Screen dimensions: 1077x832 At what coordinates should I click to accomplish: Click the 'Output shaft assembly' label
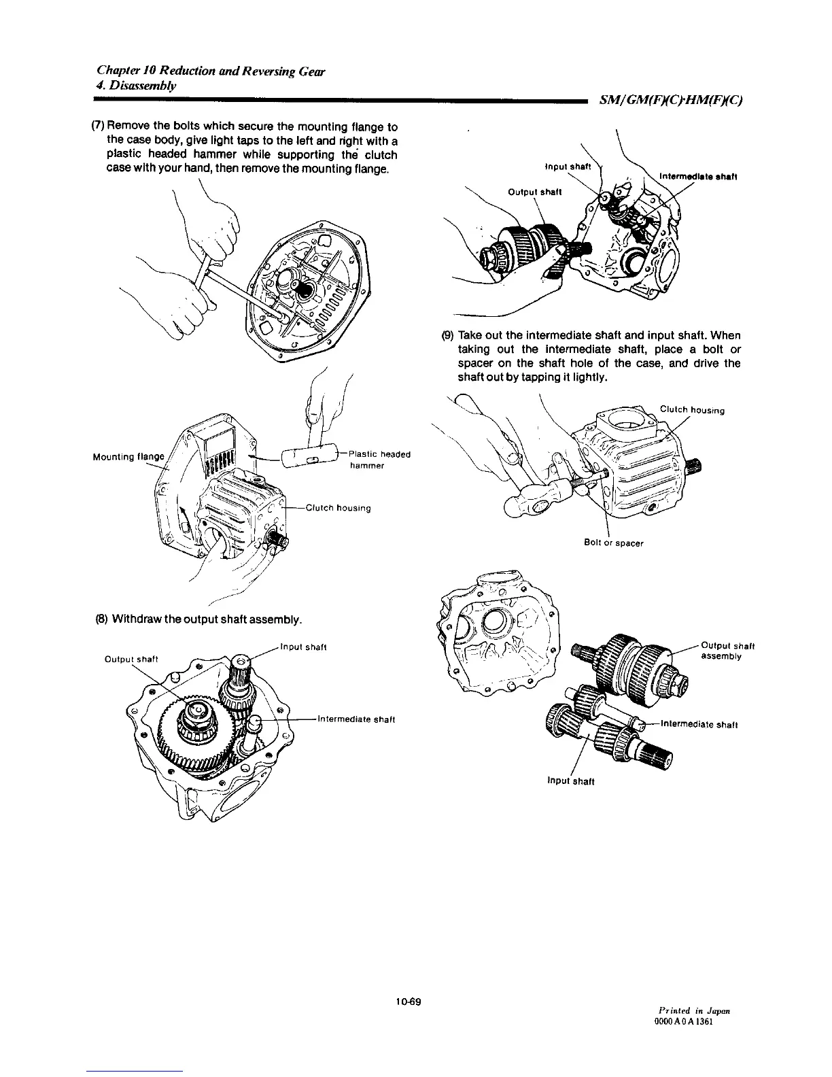coord(727,651)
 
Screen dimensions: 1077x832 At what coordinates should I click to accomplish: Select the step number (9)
coord(447,336)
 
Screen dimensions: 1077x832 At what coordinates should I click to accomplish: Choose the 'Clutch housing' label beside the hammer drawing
coord(338,508)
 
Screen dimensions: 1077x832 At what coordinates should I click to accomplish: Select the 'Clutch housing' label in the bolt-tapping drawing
coord(692,410)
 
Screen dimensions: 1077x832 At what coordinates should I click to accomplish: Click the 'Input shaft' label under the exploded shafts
coord(571,781)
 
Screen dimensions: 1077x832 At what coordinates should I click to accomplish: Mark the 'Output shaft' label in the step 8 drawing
coord(131,658)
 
